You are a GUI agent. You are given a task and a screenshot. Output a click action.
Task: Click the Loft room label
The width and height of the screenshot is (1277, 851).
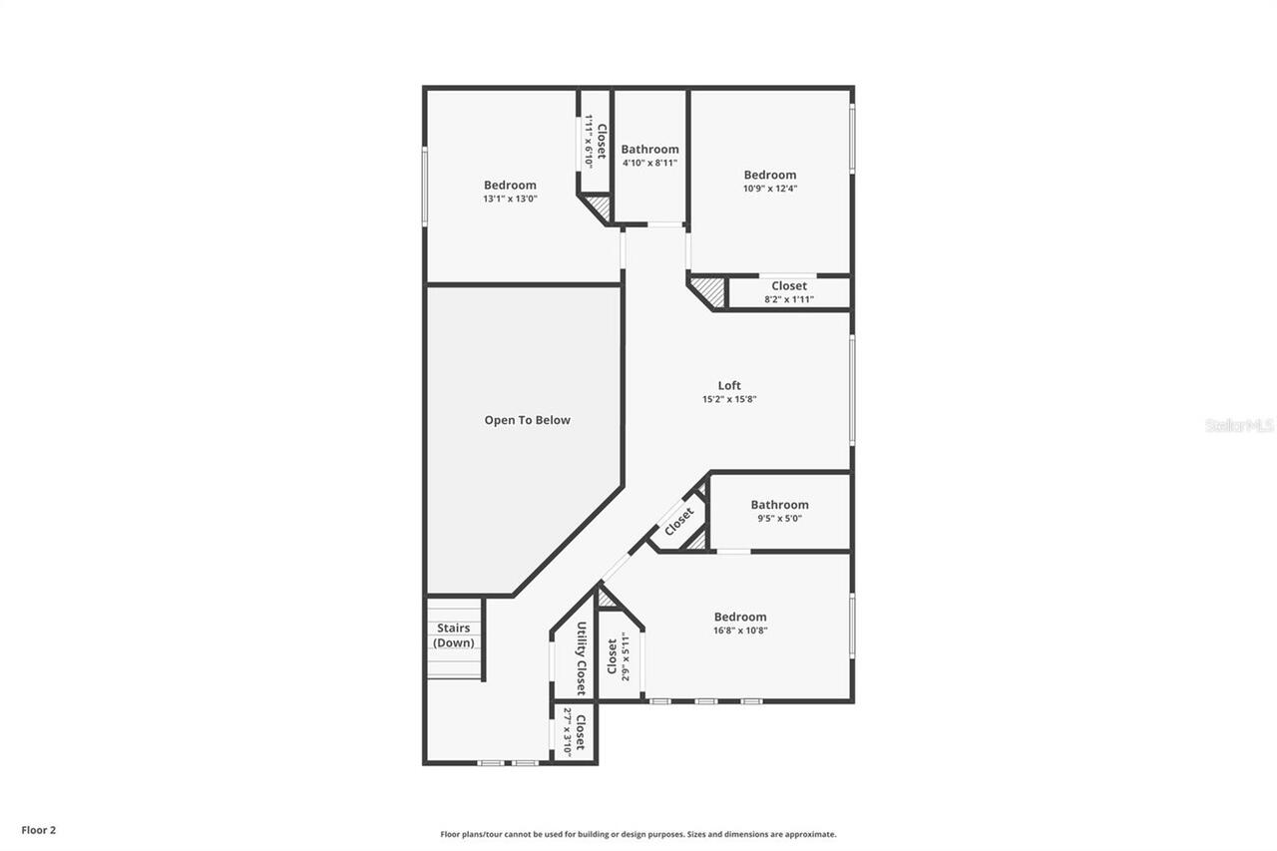click(729, 386)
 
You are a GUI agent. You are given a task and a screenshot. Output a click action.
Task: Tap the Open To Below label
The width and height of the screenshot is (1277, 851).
click(527, 420)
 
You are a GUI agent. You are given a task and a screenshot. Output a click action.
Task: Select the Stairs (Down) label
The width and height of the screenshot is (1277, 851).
click(454, 636)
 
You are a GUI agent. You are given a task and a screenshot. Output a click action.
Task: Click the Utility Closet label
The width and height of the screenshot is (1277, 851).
click(581, 658)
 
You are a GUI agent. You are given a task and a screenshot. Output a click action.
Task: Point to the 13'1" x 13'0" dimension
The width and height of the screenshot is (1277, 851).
click(510, 199)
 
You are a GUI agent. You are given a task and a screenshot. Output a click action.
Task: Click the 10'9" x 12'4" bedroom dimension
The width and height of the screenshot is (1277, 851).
click(769, 188)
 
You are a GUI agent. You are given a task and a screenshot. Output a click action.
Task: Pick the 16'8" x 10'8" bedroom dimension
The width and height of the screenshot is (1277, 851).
click(739, 630)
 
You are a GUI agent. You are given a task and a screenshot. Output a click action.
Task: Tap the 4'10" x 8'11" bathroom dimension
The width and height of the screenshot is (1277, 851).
click(649, 163)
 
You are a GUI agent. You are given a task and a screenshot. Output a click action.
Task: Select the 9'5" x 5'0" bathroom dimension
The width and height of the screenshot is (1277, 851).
click(779, 518)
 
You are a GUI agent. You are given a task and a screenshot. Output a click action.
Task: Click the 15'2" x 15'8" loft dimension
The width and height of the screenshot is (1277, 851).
click(729, 399)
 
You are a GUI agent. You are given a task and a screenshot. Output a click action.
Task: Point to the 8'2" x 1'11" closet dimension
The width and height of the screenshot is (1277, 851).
click(788, 299)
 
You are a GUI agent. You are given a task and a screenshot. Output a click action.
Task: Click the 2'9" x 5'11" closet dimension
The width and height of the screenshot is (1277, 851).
click(626, 659)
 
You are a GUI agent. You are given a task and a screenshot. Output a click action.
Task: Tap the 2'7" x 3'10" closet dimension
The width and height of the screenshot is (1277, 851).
click(568, 733)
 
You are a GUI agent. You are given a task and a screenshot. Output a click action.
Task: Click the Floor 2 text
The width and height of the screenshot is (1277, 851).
click(39, 829)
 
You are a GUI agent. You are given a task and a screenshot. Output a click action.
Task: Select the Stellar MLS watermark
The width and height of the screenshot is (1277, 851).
click(1239, 425)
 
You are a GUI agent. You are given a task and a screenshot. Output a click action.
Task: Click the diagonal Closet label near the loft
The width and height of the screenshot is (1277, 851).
click(678, 520)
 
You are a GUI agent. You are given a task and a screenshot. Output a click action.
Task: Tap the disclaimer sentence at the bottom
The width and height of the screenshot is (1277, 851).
click(638, 834)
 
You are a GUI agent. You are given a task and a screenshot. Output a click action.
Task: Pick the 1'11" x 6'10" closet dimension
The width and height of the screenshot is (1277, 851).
click(589, 142)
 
